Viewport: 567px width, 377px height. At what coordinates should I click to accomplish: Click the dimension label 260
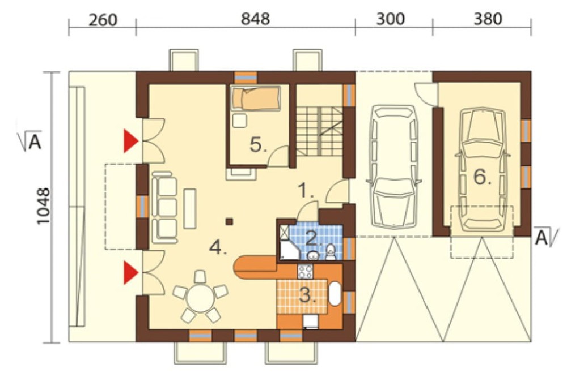click(103, 20)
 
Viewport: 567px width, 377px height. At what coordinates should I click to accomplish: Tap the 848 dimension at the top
click(255, 19)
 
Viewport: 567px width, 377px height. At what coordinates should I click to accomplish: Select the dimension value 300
click(390, 19)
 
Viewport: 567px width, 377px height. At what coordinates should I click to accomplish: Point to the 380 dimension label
click(488, 19)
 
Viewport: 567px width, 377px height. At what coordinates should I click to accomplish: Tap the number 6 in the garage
click(483, 177)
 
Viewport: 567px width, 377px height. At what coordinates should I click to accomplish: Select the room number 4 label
click(218, 248)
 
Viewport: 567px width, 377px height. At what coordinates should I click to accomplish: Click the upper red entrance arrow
click(130, 141)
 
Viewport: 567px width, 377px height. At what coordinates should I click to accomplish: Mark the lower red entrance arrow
click(130, 273)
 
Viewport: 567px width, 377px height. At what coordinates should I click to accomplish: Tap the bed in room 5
click(256, 98)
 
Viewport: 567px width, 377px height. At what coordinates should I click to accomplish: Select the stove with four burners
click(305, 272)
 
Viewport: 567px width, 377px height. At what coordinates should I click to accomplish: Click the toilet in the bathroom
click(331, 252)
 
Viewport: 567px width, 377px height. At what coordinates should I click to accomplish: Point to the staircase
click(320, 131)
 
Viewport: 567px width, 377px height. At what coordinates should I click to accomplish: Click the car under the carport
click(393, 166)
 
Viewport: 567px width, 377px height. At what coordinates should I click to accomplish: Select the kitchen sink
click(335, 294)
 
